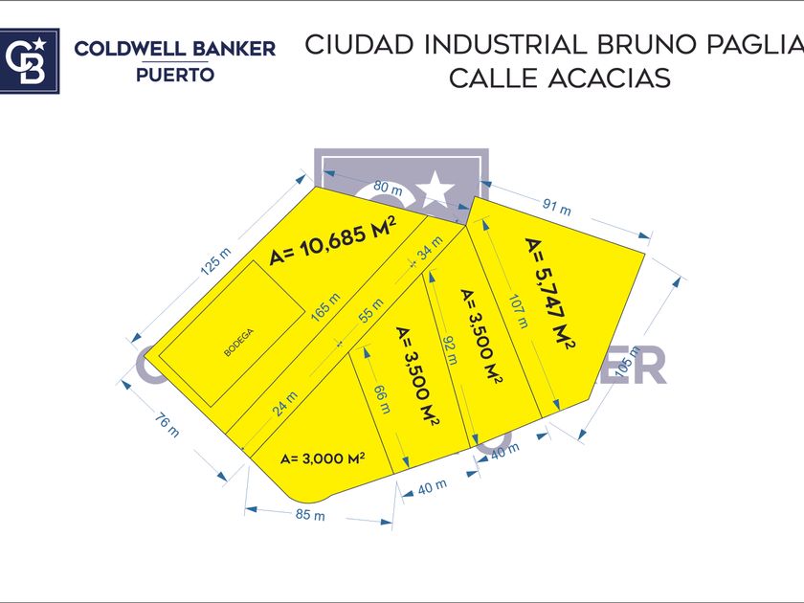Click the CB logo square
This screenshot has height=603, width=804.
pyautogui.click(x=30, y=60)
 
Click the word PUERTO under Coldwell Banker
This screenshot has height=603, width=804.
pyautogui.click(x=174, y=75)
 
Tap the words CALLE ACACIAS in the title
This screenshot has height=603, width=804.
pyautogui.click(x=560, y=78)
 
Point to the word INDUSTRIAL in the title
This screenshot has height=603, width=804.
pyautogui.click(x=503, y=45)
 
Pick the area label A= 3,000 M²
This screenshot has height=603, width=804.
pyautogui.click(x=323, y=458)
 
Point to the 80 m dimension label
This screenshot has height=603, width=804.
pyautogui.click(x=389, y=188)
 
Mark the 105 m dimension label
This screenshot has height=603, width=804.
pyautogui.click(x=630, y=363)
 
